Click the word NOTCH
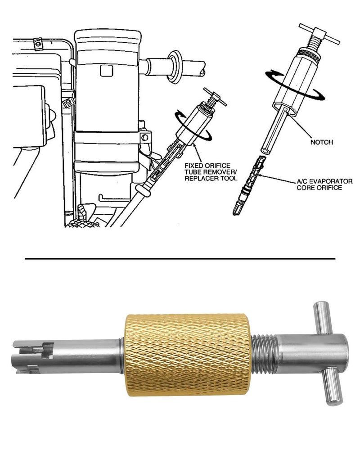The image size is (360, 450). [322, 142]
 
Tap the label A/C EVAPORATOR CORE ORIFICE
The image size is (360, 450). [324, 184]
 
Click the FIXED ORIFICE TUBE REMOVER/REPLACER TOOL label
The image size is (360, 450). [211, 172]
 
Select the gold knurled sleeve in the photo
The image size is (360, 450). [189, 354]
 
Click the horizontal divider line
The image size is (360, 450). [180, 259]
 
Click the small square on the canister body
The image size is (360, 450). [106, 71]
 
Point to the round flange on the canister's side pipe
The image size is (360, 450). [174, 67]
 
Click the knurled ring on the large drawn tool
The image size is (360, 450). [309, 54]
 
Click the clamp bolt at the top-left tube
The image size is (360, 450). [37, 43]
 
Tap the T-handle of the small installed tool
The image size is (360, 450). [215, 97]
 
